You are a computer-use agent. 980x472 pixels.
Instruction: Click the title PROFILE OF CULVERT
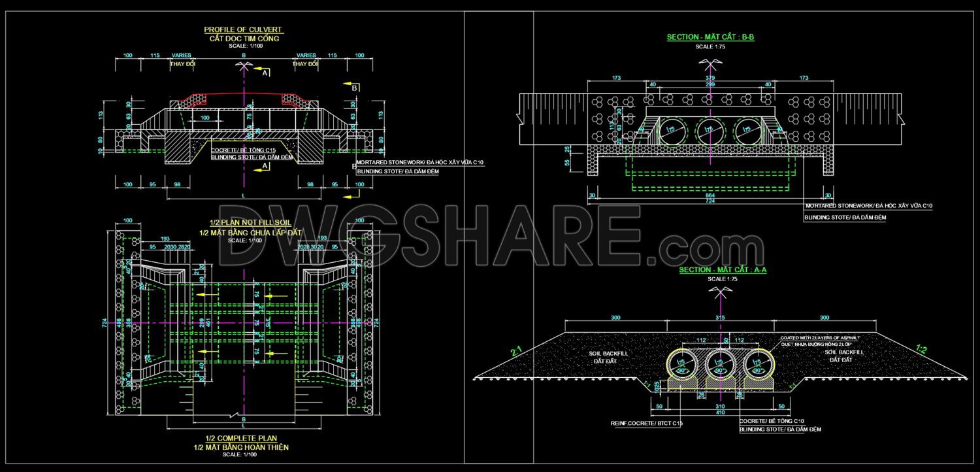(x=244, y=29)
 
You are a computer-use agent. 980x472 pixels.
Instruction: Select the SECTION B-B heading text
(x=710, y=37)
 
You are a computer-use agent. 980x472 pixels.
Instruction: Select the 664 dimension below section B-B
(x=710, y=195)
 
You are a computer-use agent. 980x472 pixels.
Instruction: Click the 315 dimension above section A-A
(x=721, y=318)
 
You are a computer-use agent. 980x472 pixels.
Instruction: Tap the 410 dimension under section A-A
(x=719, y=413)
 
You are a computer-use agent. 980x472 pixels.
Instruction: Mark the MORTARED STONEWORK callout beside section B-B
(x=868, y=206)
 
